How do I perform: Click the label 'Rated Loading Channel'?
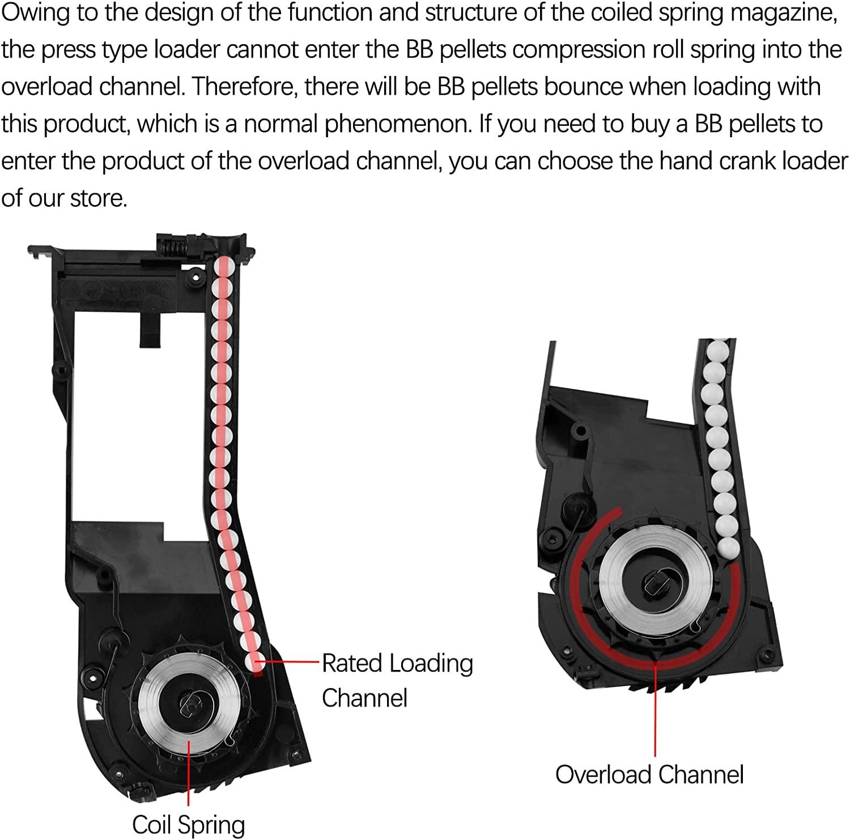pos(397,680)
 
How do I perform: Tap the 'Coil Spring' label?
pos(188,825)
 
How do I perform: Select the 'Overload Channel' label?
pos(649,774)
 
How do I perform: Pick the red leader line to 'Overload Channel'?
pos(655,709)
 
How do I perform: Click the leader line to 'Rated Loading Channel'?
pos(292,661)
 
